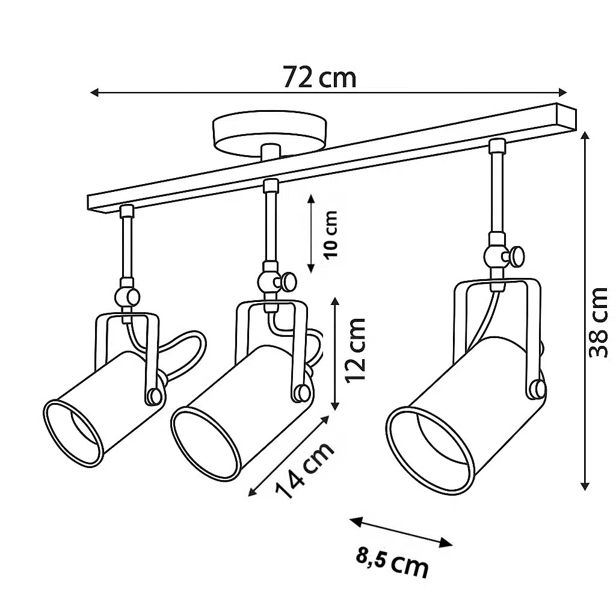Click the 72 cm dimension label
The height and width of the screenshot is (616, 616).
[x=319, y=78]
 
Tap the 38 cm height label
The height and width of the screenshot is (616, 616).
[x=599, y=322]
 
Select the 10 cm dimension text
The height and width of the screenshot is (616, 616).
[x=330, y=234]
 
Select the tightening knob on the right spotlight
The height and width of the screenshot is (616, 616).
[x=515, y=256]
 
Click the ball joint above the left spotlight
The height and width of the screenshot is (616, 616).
[x=128, y=297]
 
